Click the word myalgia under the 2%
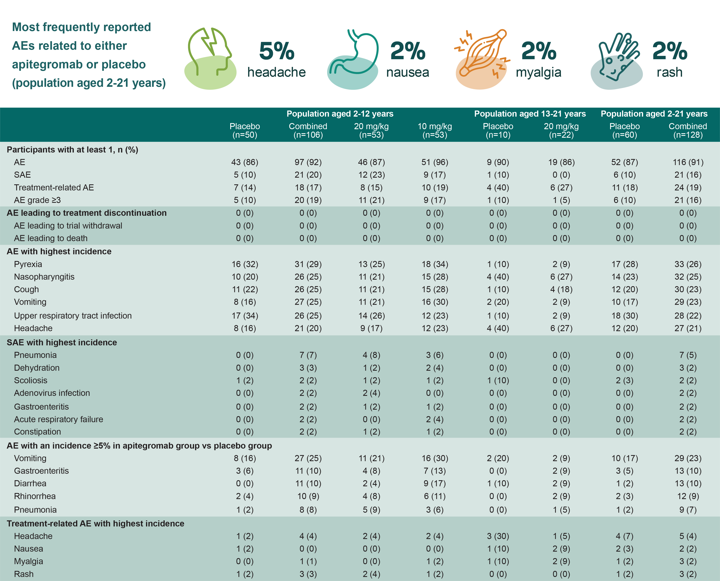point(538,72)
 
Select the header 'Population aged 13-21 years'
point(530,114)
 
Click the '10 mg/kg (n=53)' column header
point(434,131)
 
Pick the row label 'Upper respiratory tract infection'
point(73,316)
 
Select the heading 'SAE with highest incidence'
point(62,342)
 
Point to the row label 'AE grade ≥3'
point(37,200)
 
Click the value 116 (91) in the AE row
point(688,162)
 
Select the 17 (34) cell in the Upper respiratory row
point(245,316)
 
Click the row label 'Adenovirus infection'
point(52,393)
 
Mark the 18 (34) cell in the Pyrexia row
point(434,264)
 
